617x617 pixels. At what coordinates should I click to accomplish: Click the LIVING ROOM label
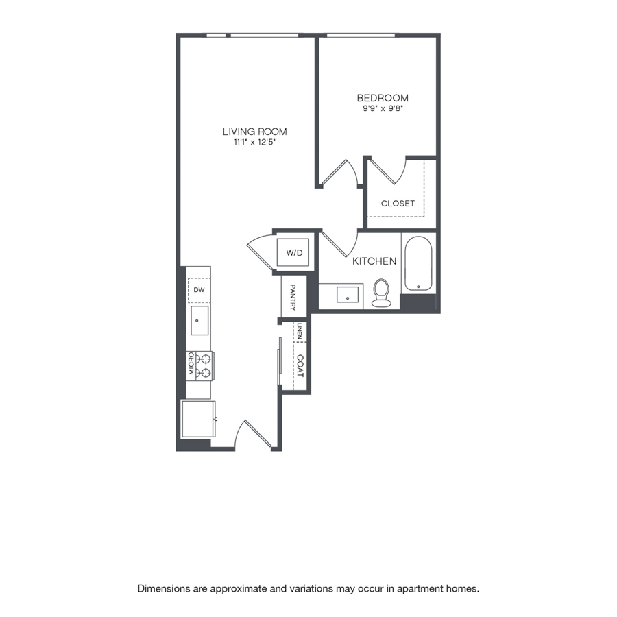click(x=254, y=132)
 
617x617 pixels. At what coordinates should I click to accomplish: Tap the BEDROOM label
click(x=383, y=98)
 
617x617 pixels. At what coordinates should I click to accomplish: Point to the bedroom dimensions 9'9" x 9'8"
click(x=383, y=108)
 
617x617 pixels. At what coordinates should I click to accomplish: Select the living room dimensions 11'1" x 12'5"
click(x=254, y=142)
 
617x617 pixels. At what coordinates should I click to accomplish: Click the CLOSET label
click(x=398, y=204)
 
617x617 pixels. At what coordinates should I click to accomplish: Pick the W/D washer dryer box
click(x=293, y=252)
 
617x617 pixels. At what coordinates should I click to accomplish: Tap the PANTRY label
click(x=293, y=298)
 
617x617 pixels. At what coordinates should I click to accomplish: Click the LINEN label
click(x=300, y=332)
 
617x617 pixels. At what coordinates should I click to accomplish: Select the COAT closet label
click(x=300, y=366)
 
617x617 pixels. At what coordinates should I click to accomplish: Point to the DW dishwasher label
click(x=199, y=290)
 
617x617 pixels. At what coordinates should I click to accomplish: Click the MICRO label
click(x=191, y=363)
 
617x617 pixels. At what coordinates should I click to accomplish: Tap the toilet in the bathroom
click(x=381, y=293)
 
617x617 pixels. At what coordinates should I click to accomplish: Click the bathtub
click(x=418, y=263)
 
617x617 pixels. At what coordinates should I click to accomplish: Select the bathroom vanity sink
click(x=348, y=295)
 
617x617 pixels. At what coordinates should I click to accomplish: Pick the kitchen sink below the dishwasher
click(x=199, y=321)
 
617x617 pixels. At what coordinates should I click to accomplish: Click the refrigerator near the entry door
click(x=198, y=419)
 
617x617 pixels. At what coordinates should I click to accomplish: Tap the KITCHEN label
click(x=374, y=261)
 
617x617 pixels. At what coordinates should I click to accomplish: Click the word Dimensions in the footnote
click(x=163, y=589)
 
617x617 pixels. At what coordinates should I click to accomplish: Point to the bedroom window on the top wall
click(x=361, y=36)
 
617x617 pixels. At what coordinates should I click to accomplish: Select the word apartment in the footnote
click(x=420, y=589)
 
